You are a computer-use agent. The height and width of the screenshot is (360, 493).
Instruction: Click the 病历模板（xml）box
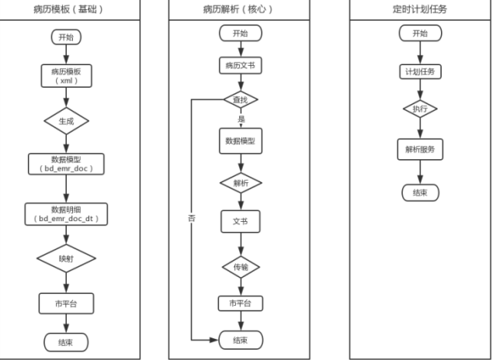[66, 76]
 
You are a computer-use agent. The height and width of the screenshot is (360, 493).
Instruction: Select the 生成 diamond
[66, 121]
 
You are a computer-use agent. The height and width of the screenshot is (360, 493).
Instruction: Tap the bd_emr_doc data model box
[66, 164]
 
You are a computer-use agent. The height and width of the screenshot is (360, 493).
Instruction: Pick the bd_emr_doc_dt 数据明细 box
[66, 214]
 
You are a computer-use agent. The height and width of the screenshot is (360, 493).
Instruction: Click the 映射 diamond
[66, 258]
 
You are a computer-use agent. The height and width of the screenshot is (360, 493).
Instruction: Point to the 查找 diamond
[241, 99]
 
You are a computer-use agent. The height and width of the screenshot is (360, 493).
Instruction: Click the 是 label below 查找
[241, 119]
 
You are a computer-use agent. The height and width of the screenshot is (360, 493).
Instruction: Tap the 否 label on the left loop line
[192, 218]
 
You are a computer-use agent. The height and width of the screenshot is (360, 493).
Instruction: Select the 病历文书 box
[241, 66]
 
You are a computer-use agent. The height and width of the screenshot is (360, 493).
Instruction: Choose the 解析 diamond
[241, 183]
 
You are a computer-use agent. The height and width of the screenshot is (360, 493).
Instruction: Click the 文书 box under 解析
[241, 221]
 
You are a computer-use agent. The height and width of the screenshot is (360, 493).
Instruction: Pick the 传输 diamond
[241, 267]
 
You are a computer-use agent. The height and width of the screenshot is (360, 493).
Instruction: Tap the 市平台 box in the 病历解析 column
[241, 303]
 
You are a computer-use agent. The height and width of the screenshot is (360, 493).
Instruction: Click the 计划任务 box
[420, 71]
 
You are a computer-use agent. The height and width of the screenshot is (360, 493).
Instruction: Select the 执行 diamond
[420, 109]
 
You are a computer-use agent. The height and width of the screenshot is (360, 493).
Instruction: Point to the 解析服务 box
[420, 150]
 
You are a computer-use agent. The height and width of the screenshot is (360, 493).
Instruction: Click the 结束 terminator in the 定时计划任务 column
[420, 192]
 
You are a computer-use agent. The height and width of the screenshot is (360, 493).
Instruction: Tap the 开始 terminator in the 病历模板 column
[66, 37]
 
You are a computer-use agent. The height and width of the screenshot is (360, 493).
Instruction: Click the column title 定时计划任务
[420, 9]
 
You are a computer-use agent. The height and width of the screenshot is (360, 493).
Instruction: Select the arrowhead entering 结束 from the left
[214, 340]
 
